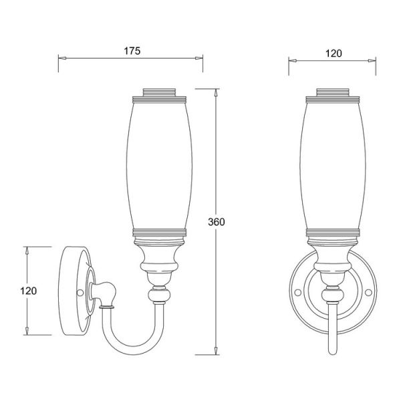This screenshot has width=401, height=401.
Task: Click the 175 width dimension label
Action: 132,51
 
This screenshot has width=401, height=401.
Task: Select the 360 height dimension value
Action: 217,222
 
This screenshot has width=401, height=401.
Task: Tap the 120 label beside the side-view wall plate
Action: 28,291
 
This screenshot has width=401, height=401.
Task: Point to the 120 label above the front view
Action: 333,53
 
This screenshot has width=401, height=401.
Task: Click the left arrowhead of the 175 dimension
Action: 62,58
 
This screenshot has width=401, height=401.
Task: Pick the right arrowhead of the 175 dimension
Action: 199,58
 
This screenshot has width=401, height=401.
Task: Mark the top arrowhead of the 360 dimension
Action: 216,93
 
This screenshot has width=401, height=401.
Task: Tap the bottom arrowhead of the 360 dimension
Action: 216,351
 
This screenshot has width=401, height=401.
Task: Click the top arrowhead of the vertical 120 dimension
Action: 27,251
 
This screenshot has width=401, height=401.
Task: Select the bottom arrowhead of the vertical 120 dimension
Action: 27,331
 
